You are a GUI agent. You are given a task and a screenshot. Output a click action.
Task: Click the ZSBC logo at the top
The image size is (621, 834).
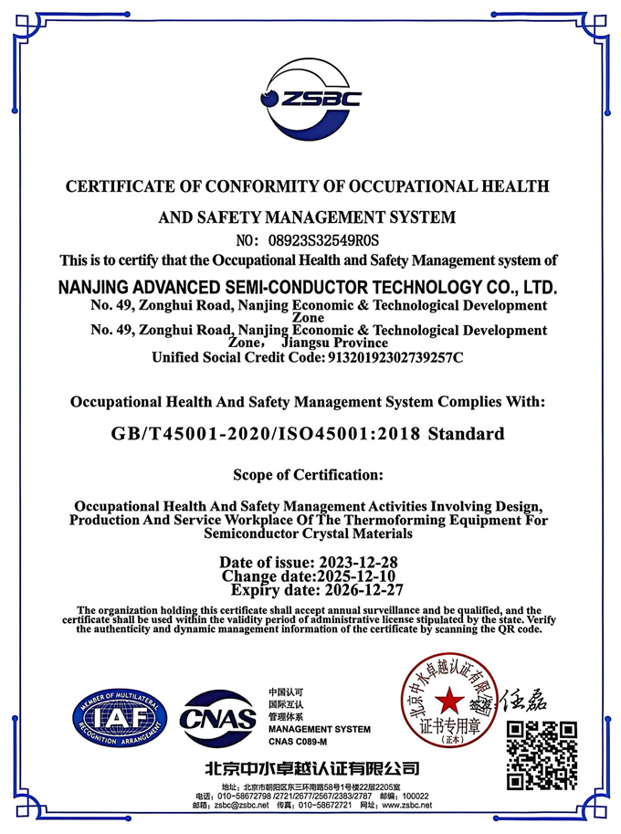[310, 98]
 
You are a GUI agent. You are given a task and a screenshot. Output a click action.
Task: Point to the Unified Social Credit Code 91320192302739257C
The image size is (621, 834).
[394, 357]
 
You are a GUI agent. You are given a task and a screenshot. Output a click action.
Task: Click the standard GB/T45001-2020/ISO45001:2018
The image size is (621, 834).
[261, 434]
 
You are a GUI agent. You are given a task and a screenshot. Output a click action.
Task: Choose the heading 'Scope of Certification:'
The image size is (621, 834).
[308, 475]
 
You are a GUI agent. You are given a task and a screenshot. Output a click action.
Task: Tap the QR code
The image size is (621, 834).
[542, 755]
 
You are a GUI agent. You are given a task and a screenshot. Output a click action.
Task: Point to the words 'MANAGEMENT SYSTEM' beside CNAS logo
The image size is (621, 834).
[320, 729]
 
